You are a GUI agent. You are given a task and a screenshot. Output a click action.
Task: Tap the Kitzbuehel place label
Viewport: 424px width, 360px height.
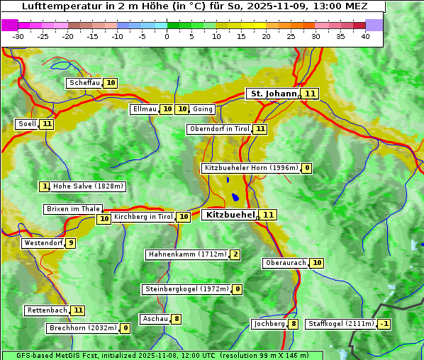(230, 214)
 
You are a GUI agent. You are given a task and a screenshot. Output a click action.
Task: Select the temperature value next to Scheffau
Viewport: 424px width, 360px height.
(111, 83)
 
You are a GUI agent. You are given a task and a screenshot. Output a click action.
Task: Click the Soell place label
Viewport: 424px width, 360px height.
(27, 124)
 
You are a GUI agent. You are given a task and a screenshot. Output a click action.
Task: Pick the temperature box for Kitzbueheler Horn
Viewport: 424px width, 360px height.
(306, 168)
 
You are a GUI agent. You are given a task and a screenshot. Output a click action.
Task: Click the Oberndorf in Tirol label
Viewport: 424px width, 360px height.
(220, 129)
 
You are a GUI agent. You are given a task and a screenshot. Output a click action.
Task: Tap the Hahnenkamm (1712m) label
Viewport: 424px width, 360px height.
(187, 254)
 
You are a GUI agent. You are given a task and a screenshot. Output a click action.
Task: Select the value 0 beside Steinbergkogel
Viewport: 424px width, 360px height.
(237, 289)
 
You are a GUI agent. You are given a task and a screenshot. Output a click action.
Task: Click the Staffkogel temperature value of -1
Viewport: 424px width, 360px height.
(384, 324)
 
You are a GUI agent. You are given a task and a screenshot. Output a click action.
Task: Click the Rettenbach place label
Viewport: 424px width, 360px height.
(48, 310)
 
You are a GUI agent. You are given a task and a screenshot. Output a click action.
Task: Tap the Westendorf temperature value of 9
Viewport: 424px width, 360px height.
(71, 243)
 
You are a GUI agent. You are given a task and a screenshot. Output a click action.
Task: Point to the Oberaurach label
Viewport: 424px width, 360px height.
(285, 263)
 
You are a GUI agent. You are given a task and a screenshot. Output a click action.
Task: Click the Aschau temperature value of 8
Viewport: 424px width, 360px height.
(177, 319)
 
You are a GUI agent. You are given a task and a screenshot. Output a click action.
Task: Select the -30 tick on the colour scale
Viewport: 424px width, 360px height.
(18, 36)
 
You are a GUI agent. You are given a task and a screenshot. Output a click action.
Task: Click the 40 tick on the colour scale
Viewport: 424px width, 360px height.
(365, 36)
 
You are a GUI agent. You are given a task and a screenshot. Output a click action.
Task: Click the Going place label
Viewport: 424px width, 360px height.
(203, 109)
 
